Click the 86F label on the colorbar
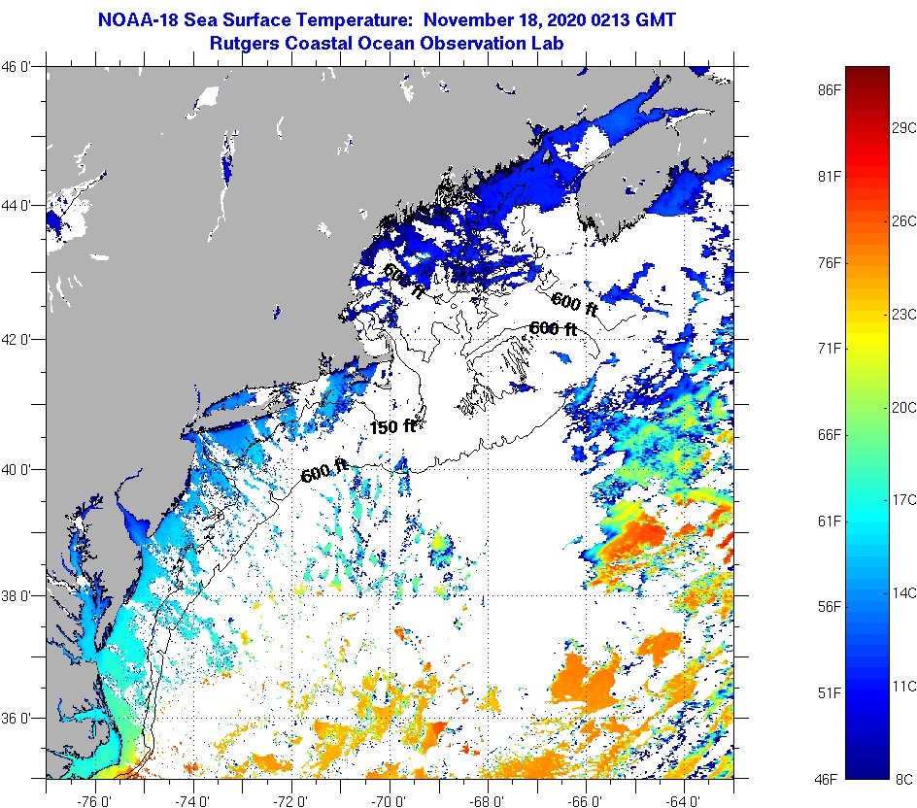click(828, 90)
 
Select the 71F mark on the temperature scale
click(828, 348)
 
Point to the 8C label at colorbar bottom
click(903, 779)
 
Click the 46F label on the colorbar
click(828, 779)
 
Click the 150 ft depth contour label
click(391, 426)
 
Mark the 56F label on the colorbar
click(828, 607)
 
